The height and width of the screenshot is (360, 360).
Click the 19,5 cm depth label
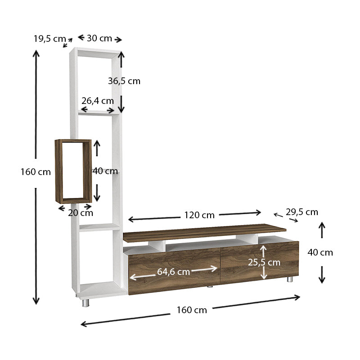49,39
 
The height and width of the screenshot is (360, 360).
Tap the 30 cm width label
99,38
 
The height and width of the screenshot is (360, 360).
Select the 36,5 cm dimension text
124,81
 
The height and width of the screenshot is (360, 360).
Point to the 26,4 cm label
97,100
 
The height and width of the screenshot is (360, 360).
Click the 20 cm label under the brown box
81,213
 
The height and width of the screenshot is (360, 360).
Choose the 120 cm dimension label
199,215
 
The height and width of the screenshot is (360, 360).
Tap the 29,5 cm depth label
301,212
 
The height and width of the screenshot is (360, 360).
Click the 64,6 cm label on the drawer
173,272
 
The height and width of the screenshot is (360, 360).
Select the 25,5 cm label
264,262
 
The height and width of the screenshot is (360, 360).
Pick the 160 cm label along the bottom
192,310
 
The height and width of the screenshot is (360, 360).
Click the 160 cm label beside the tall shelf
36,172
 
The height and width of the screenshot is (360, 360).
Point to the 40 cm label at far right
320,252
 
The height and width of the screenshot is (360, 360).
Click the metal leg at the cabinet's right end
290,279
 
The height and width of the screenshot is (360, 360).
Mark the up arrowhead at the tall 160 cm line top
36,53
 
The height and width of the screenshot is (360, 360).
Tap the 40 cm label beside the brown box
105,171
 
